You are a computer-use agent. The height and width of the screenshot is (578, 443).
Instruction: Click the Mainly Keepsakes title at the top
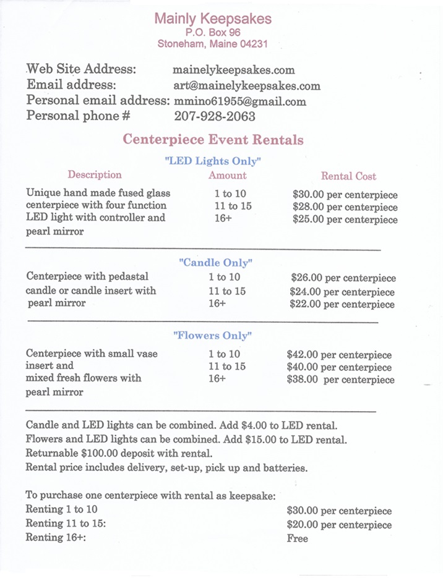point(213,19)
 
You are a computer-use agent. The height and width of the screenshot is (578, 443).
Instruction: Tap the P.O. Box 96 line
point(213,32)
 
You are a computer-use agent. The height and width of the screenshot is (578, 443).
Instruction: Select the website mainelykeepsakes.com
point(234,70)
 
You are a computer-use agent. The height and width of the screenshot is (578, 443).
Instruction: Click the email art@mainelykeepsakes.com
point(247,86)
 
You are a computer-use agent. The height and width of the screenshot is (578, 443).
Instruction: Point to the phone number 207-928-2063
point(215,116)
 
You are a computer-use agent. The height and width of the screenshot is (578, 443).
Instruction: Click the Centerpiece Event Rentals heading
point(213,139)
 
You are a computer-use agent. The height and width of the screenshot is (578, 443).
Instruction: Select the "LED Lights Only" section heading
point(213,161)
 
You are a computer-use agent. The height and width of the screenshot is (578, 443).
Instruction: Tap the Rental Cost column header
point(348,176)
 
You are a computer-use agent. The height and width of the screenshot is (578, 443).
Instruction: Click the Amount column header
point(227,176)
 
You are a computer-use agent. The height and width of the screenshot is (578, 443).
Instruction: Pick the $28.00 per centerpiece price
point(345,207)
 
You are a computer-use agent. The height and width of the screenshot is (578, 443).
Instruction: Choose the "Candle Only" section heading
point(215,262)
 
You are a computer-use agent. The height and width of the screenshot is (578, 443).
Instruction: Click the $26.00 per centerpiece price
point(343,278)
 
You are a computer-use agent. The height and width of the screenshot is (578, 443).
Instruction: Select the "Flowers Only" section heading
point(213,336)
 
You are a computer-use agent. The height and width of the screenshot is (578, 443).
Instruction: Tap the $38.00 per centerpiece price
point(340,380)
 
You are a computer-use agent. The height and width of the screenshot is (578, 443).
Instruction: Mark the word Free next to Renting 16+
point(297,538)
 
